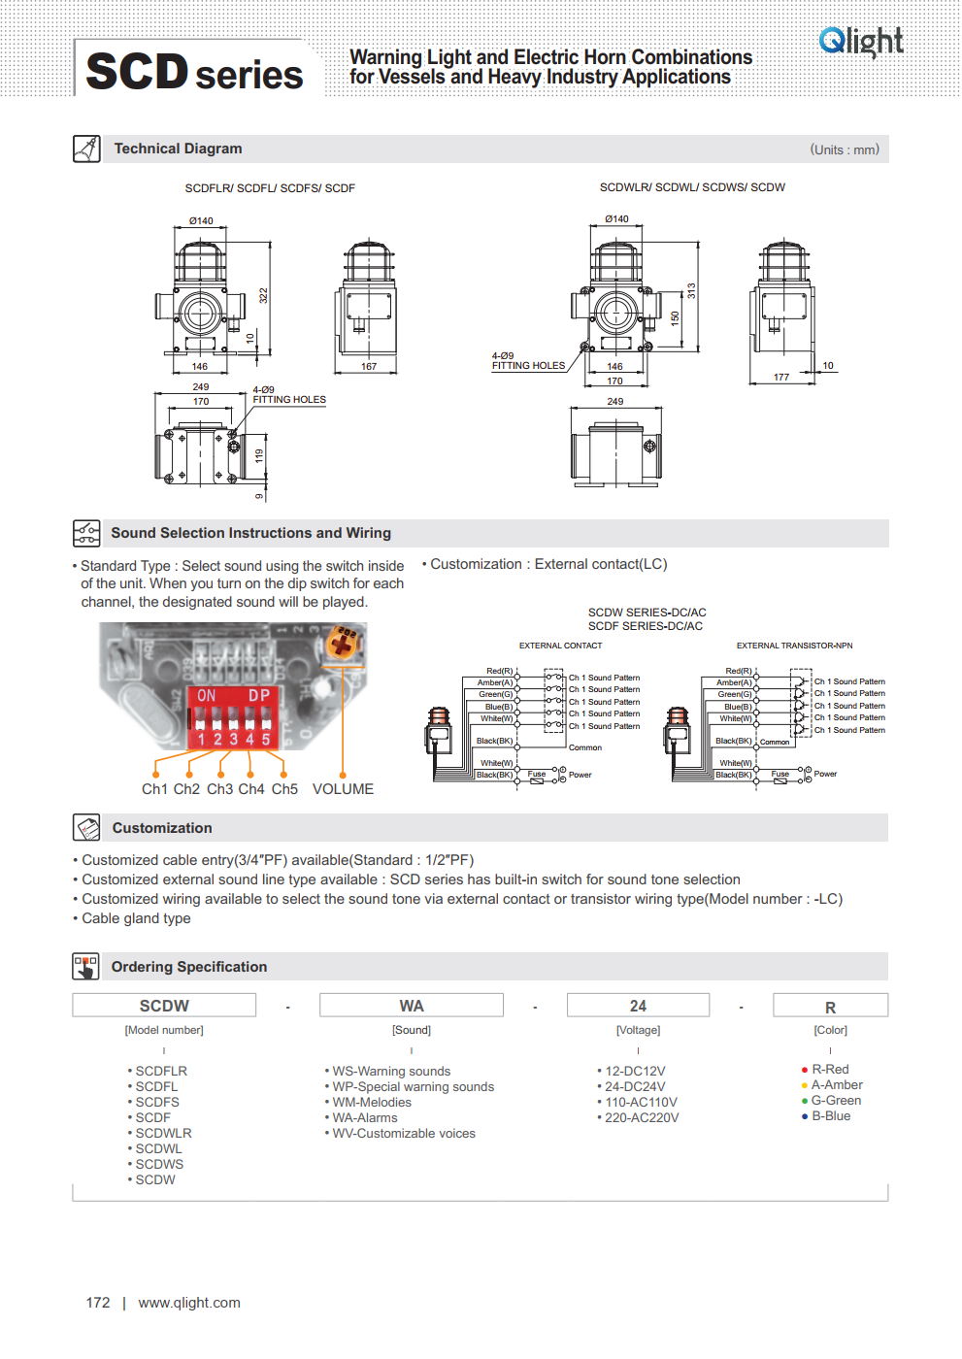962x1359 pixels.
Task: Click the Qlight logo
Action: [x=861, y=42]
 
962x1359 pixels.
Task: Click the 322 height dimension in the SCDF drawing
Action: [x=263, y=295]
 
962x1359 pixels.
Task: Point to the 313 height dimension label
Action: [x=691, y=290]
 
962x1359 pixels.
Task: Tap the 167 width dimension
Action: [x=369, y=367]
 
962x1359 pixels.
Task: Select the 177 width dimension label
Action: [x=781, y=378]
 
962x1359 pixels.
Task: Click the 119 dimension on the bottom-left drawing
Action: [x=259, y=455]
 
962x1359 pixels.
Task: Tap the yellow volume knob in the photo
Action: [x=344, y=644]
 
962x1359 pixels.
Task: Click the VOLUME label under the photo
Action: [x=343, y=789]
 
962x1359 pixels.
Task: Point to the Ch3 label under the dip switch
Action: [x=219, y=789]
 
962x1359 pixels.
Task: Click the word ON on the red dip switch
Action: [x=207, y=696]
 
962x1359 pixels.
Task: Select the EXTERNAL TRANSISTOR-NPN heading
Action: [x=794, y=646]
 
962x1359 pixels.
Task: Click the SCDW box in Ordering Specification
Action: [x=164, y=1006]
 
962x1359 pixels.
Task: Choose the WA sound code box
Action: [x=412, y=1006]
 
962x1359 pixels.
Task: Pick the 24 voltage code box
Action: [x=638, y=1006]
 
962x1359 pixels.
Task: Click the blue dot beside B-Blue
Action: [x=805, y=1116]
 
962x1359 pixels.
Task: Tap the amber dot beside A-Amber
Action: [x=805, y=1085]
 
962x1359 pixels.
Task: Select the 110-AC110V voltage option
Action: [x=641, y=1103]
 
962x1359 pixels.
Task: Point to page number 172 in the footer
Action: [x=98, y=1303]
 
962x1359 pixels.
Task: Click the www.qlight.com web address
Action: [x=189, y=1303]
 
